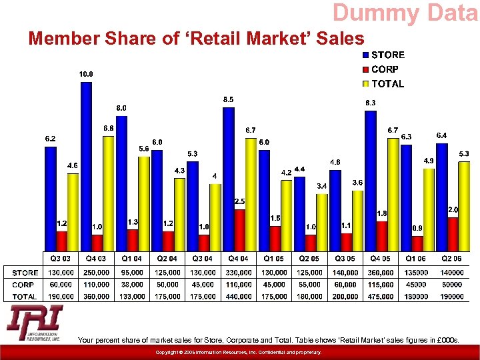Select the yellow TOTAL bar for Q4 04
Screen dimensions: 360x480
(251, 193)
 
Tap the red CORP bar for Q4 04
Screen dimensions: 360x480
(239, 230)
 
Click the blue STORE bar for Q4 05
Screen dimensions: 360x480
(370, 180)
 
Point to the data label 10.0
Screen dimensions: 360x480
(86, 74)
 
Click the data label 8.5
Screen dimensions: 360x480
(228, 99)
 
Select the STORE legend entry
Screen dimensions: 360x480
(387, 55)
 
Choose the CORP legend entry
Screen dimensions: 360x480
(385, 69)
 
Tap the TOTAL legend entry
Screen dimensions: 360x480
(387, 84)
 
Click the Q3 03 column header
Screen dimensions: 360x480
(61, 258)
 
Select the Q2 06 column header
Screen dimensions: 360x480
(451, 258)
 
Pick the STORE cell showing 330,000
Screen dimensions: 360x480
(239, 273)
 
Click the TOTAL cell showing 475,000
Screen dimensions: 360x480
(381, 297)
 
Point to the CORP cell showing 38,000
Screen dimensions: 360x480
(132, 285)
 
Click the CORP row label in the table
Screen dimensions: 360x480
(23, 285)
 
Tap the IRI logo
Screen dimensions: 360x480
(35, 324)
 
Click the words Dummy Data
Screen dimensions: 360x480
(405, 12)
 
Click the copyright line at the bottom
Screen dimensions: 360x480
(239, 352)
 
